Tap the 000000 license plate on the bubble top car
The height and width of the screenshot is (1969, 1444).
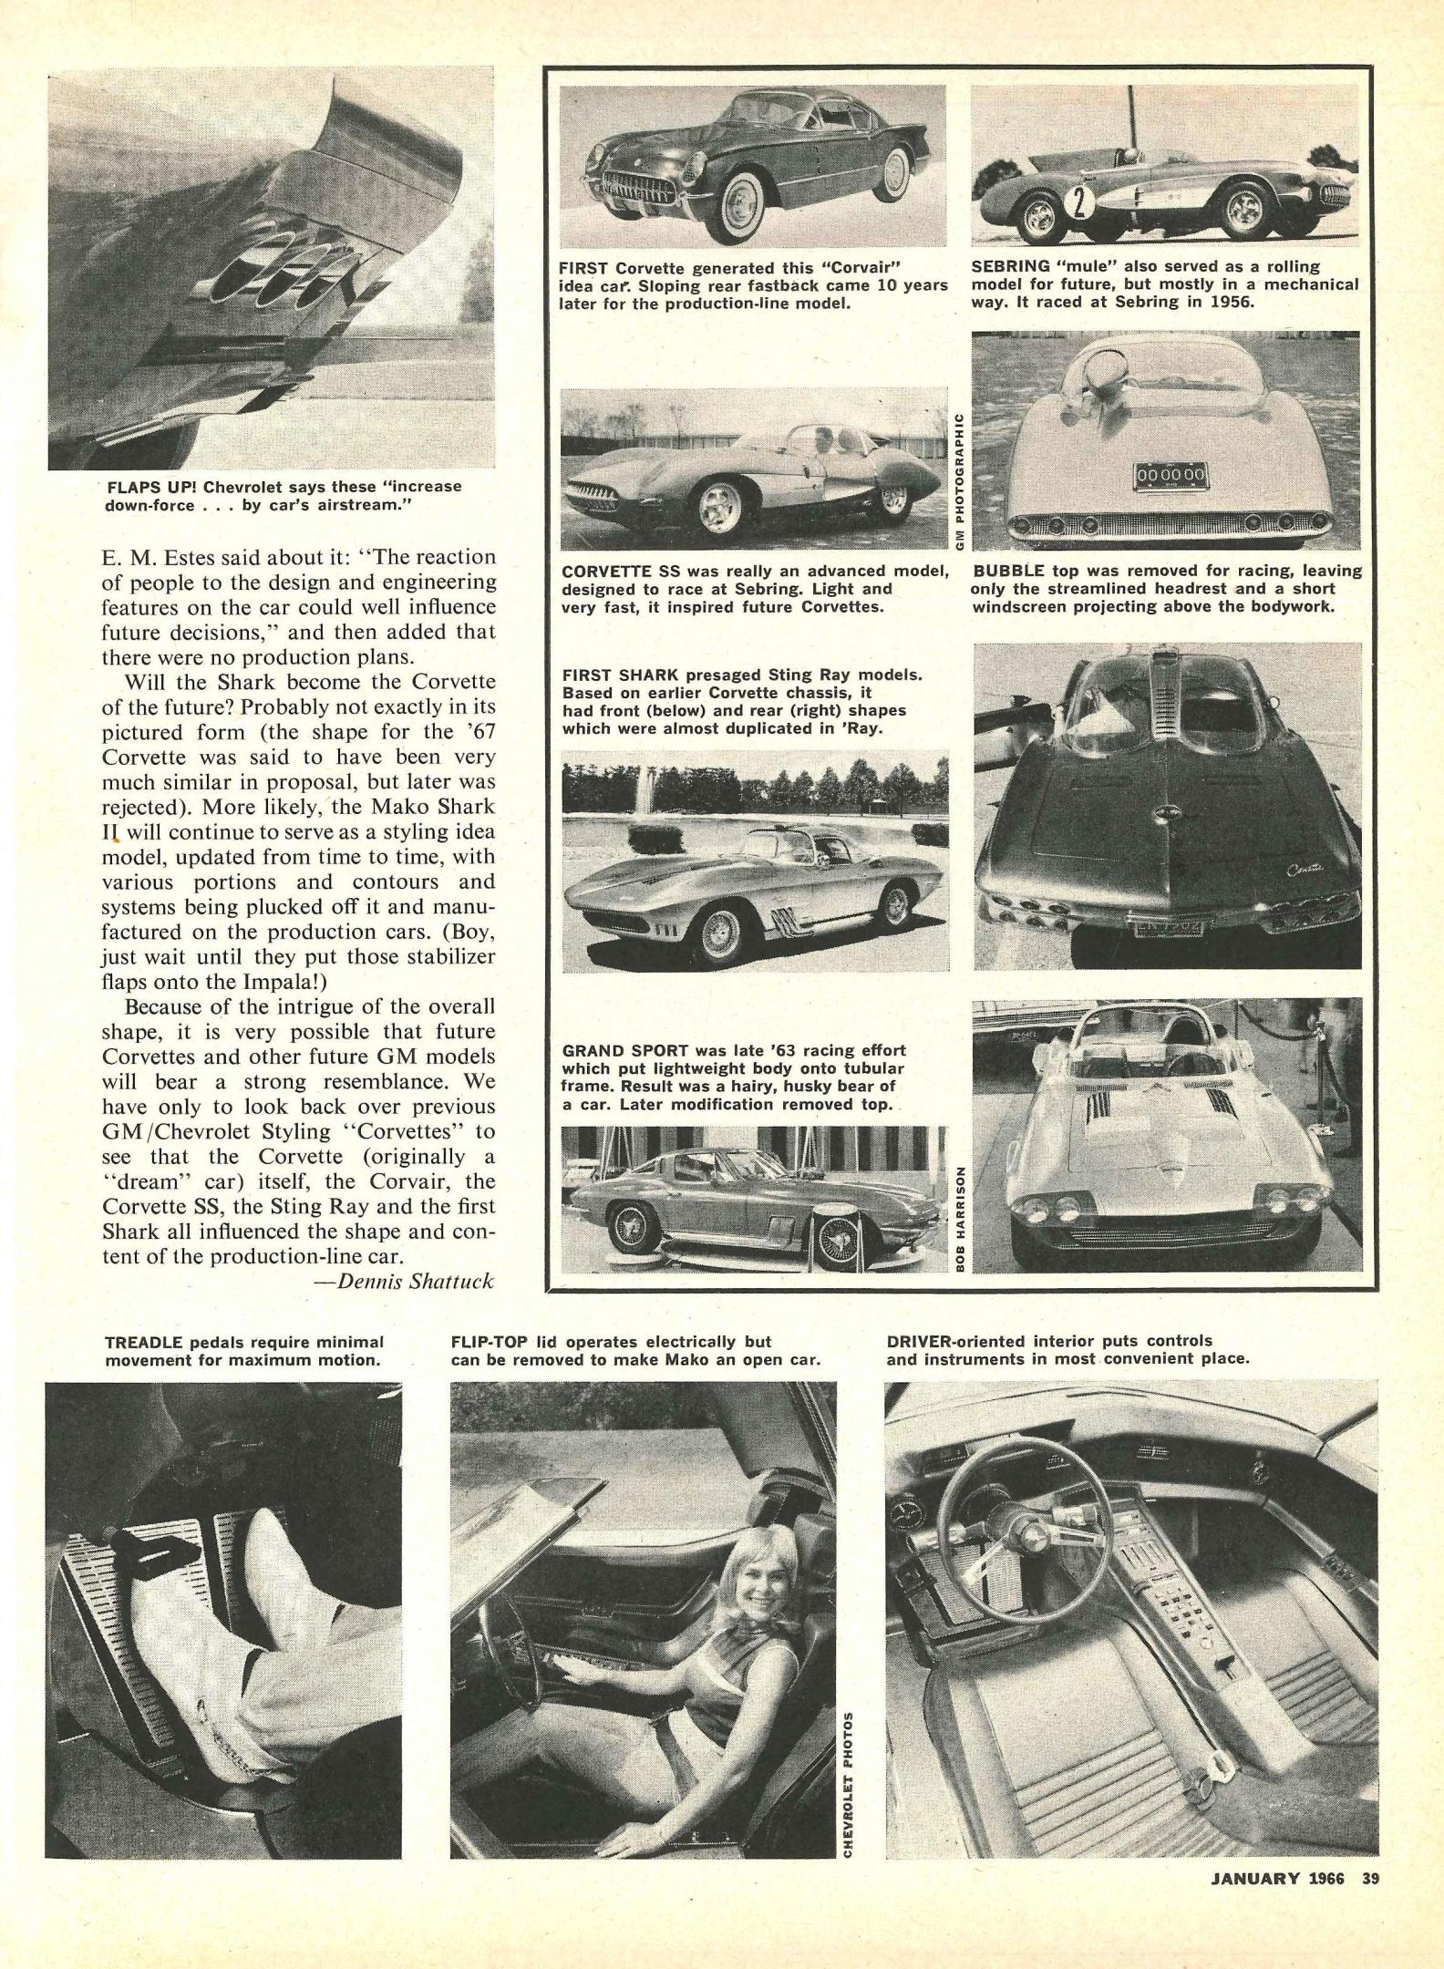click(1171, 474)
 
